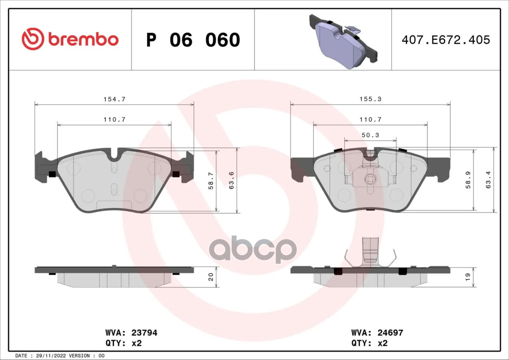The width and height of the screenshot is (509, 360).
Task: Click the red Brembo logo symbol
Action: pos(33,39)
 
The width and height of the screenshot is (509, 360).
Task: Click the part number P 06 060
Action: pos(193,40)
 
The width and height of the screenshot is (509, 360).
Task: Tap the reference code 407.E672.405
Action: pos(446,40)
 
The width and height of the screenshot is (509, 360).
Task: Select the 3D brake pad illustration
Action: pos(343,42)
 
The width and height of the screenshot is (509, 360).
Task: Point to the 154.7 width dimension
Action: pos(114,99)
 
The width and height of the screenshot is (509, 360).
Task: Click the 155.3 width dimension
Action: pos(370,99)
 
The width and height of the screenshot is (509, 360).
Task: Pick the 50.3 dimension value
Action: pos(370,135)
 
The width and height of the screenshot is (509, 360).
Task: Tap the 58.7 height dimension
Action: pos(211,181)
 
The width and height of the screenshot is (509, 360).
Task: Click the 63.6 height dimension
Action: pos(231,181)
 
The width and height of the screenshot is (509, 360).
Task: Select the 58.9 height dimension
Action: pos(468,180)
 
